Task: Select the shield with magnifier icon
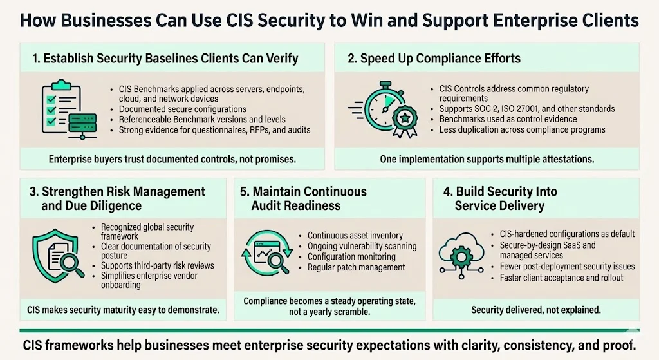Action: pyautogui.click(x=58, y=257)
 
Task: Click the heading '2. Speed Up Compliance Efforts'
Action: pyautogui.click(x=434, y=59)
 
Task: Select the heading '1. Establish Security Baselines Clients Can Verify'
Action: pyautogui.click(x=165, y=59)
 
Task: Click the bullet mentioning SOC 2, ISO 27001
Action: pyautogui.click(x=527, y=109)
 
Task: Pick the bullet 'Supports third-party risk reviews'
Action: pyautogui.click(x=158, y=265)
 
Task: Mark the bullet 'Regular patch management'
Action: pyautogui.click(x=356, y=267)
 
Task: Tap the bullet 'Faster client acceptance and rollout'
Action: pyautogui.click(x=561, y=278)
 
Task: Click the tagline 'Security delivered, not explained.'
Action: pyautogui.click(x=536, y=310)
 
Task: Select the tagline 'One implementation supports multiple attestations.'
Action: pyautogui.click(x=487, y=158)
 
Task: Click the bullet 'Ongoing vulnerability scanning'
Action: pyautogui.click(x=362, y=246)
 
